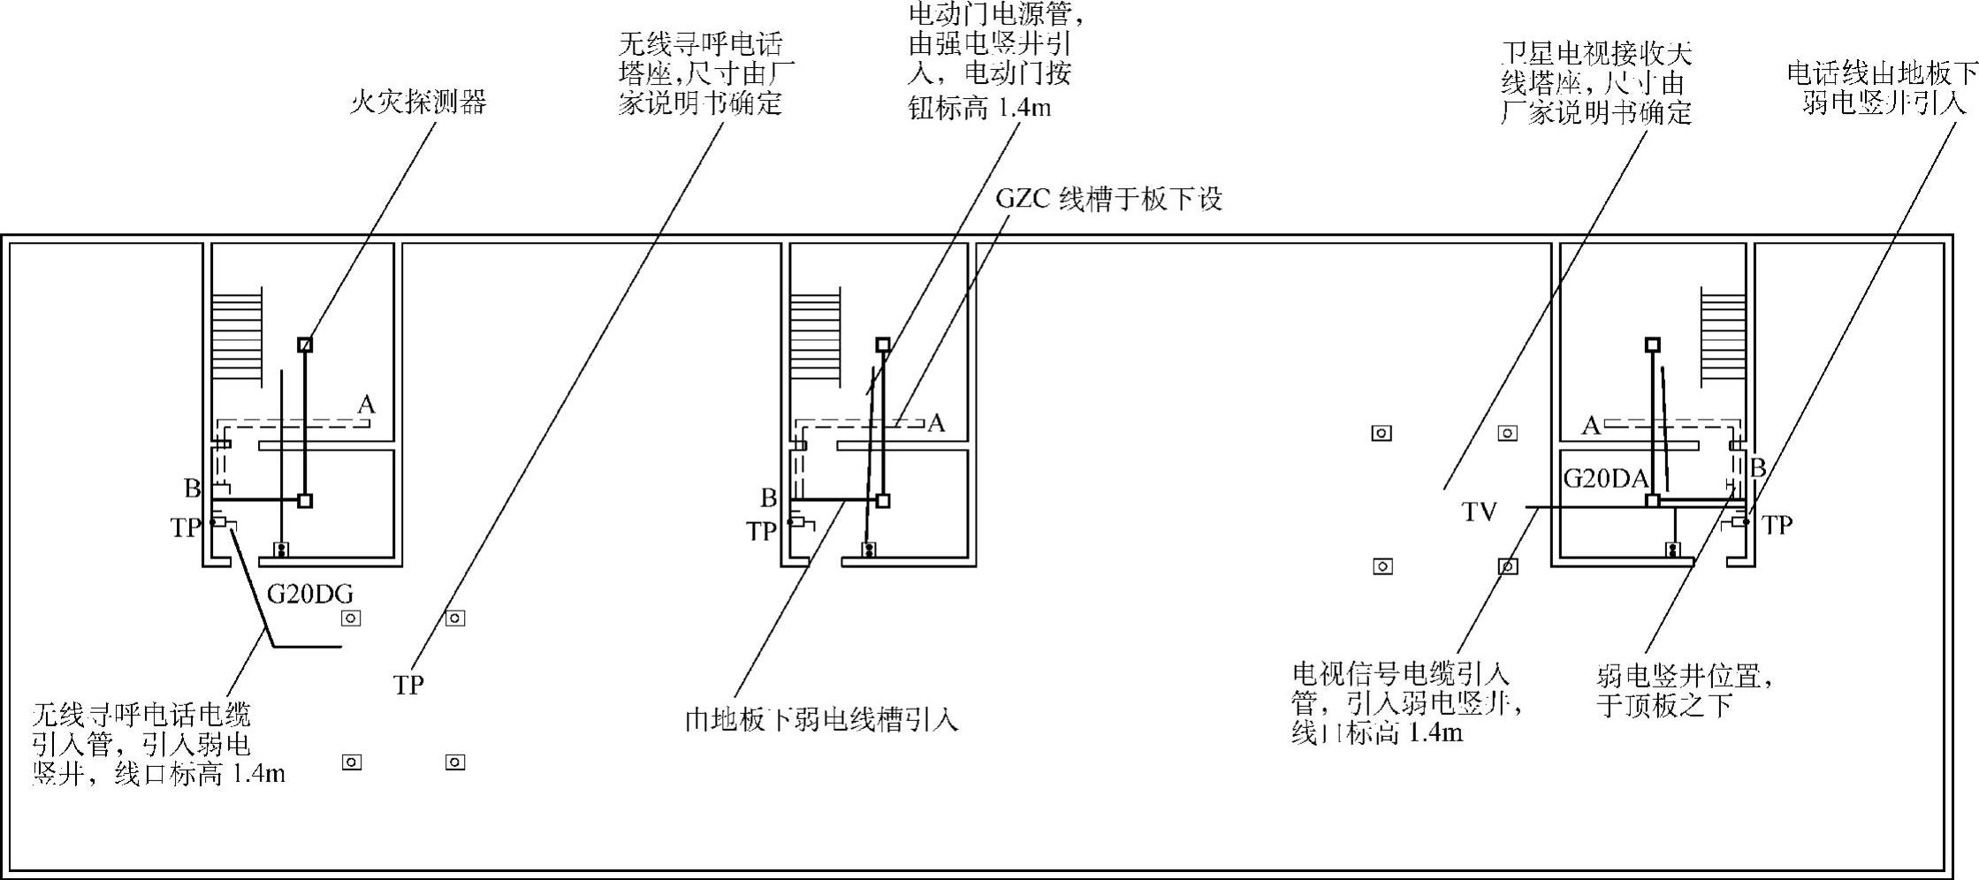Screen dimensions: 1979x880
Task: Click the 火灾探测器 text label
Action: click(x=418, y=103)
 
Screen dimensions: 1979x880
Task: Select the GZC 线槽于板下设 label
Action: click(x=1108, y=199)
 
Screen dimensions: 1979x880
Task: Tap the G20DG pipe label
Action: click(x=309, y=594)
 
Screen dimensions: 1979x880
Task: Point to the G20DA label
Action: click(x=1605, y=479)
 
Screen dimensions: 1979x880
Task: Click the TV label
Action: click(x=1479, y=512)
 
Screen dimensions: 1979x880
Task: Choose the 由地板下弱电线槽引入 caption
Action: click(x=821, y=720)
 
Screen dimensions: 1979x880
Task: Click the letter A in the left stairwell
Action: click(x=366, y=405)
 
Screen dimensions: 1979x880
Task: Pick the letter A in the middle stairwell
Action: click(x=936, y=423)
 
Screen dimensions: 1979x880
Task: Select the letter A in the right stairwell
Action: click(x=1590, y=427)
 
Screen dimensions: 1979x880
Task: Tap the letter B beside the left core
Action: click(x=192, y=488)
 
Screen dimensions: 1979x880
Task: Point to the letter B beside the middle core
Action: click(x=768, y=498)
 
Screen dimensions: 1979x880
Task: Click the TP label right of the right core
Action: click(x=1777, y=526)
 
